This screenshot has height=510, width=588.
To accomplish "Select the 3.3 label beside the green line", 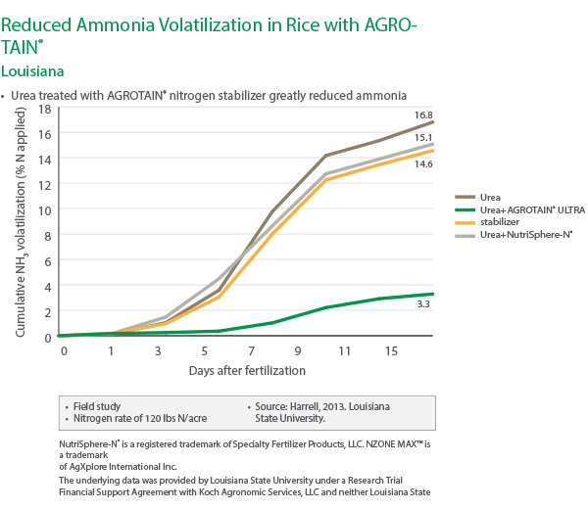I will tap(423, 305).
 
